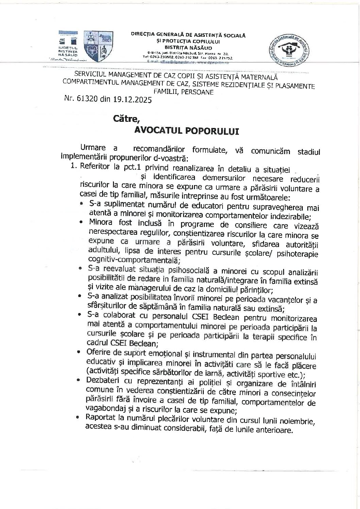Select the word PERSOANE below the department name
coord(198,92)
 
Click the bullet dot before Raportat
coord(79,418)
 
